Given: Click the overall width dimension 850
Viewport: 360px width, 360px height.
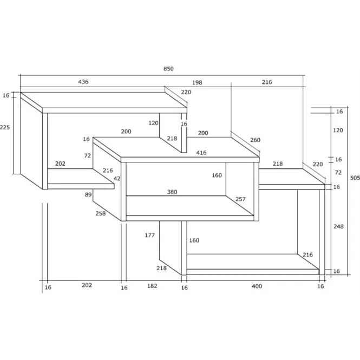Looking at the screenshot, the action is pyautogui.click(x=168, y=69).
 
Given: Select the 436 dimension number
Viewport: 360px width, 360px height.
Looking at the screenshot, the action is pyautogui.click(x=83, y=82).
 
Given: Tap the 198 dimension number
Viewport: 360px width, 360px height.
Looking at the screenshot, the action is pyautogui.click(x=197, y=82).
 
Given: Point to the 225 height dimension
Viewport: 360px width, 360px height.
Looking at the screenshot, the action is pyautogui.click(x=5, y=127).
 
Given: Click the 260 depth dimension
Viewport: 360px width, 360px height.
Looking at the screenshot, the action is pyautogui.click(x=255, y=140).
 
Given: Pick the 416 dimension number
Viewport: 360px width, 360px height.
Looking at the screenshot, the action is pyautogui.click(x=201, y=153).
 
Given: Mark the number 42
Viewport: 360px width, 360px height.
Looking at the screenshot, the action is pyautogui.click(x=117, y=179).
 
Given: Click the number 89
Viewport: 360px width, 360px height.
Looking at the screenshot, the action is pyautogui.click(x=88, y=195).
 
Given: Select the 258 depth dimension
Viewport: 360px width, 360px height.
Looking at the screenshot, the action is pyautogui.click(x=101, y=213).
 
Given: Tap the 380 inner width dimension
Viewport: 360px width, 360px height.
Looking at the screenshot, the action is pyautogui.click(x=172, y=192).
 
